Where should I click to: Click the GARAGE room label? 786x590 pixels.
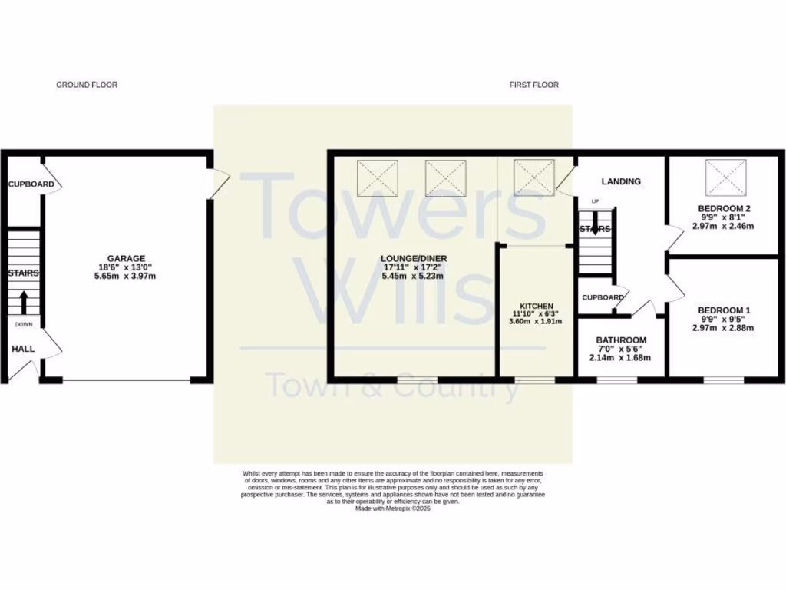click(126, 258)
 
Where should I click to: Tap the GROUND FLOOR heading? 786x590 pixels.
click(87, 85)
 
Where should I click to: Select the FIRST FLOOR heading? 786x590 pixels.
click(534, 85)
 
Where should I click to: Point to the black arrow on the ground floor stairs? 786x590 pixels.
click(23, 302)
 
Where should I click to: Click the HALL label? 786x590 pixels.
click(23, 349)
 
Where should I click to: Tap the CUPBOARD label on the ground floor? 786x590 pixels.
click(31, 184)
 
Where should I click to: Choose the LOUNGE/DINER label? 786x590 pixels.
click(414, 258)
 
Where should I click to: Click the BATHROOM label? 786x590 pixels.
click(622, 340)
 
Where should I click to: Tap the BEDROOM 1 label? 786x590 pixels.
click(725, 310)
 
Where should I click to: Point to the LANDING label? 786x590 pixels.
click(621, 181)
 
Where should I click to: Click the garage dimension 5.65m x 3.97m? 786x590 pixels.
click(126, 277)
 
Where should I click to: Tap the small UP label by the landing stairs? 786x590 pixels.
click(594, 201)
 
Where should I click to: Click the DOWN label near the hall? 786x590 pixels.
click(23, 324)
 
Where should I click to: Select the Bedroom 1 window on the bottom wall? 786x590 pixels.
click(724, 380)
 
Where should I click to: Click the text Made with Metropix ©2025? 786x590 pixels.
click(393, 508)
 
